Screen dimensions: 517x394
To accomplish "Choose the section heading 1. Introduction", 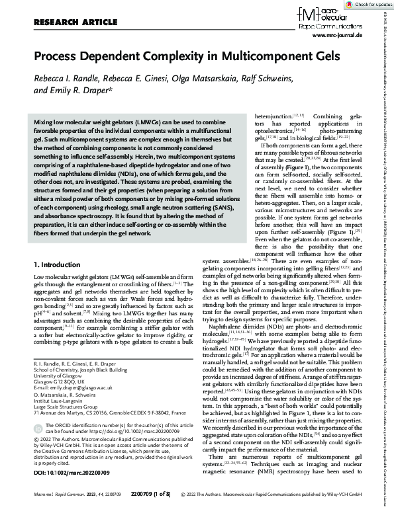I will click(57, 264).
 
